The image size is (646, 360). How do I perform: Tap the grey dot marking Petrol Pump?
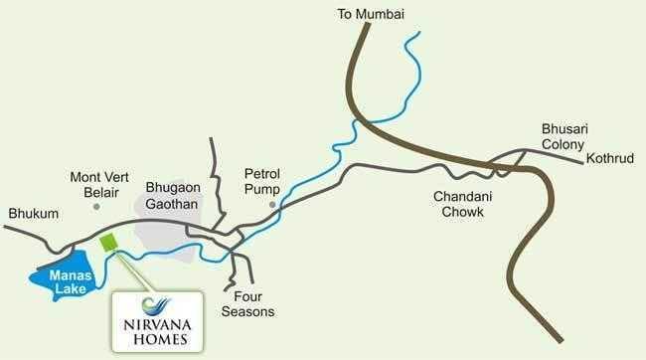pos(270,205)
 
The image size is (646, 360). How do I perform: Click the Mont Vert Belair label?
pos(97,185)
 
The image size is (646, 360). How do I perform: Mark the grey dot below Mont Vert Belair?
pos(96,207)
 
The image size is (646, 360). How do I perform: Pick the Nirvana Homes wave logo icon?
pos(155,304)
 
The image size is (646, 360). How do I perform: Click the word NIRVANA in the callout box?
pos(155,322)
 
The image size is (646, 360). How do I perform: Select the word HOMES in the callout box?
pos(155,338)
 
